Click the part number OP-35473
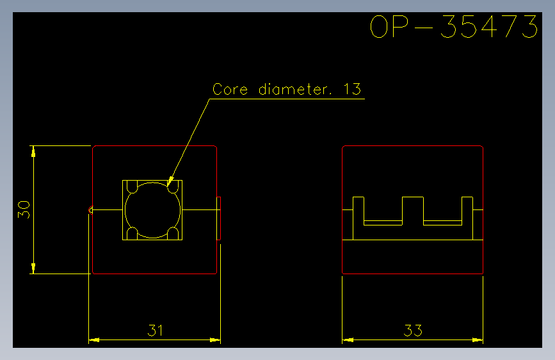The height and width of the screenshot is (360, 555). [454, 26]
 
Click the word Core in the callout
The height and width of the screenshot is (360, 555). [230, 89]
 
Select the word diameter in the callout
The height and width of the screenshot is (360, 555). [294, 89]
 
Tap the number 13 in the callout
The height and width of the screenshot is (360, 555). [352, 89]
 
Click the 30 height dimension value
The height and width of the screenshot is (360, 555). [24, 209]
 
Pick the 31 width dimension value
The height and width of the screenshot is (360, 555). [155, 331]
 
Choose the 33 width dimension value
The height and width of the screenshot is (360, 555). [413, 331]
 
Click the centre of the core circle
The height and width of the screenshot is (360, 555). [152, 210]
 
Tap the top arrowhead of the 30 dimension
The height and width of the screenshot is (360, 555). [33, 151]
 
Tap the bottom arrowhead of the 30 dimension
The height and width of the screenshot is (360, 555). [33, 268]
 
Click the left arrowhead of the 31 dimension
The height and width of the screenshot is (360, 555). [94, 340]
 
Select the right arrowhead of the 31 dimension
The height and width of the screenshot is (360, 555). [215, 340]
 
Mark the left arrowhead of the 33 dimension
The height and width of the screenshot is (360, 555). [348, 340]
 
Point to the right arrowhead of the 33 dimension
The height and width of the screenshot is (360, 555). [478, 340]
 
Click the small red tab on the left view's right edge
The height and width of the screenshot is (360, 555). [219, 218]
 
